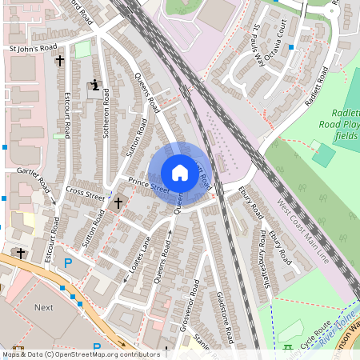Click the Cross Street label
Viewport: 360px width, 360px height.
(86, 194)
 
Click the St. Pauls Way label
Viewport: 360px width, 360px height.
(258, 42)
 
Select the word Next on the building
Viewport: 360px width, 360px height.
(44, 307)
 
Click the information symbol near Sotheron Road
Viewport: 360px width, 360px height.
(96, 84)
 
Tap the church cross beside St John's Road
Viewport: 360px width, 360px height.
(59, 61)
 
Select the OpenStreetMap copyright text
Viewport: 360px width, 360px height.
(81, 354)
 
